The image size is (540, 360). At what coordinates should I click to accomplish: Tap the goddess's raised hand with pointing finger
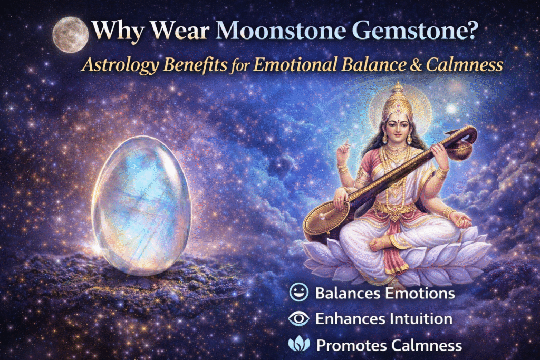click(x=342, y=151)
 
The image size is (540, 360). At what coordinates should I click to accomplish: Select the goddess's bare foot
click(x=383, y=244)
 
